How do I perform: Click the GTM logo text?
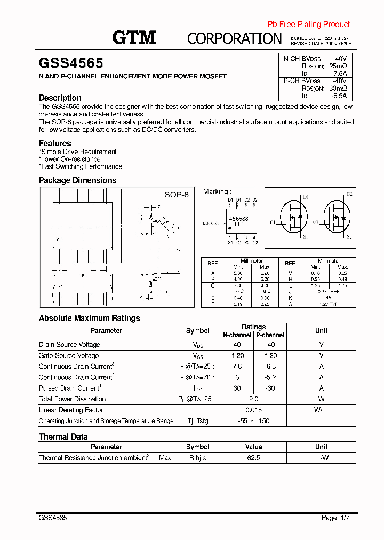(134, 37)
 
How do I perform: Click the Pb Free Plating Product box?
(308, 24)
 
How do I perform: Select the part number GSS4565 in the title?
(71, 63)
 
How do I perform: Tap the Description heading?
(60, 98)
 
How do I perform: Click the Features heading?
(55, 143)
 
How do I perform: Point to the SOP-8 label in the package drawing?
(177, 195)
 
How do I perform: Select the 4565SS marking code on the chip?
(238, 219)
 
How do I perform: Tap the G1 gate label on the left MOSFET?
(273, 222)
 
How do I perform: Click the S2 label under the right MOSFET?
(349, 236)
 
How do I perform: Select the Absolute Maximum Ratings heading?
(90, 318)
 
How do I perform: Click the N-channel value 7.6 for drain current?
(237, 367)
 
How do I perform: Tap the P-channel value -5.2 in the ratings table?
(270, 377)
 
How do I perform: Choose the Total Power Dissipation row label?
(72, 399)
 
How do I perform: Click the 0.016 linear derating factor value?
(253, 410)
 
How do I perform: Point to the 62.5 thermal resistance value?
(253, 458)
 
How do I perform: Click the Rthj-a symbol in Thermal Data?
(198, 458)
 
